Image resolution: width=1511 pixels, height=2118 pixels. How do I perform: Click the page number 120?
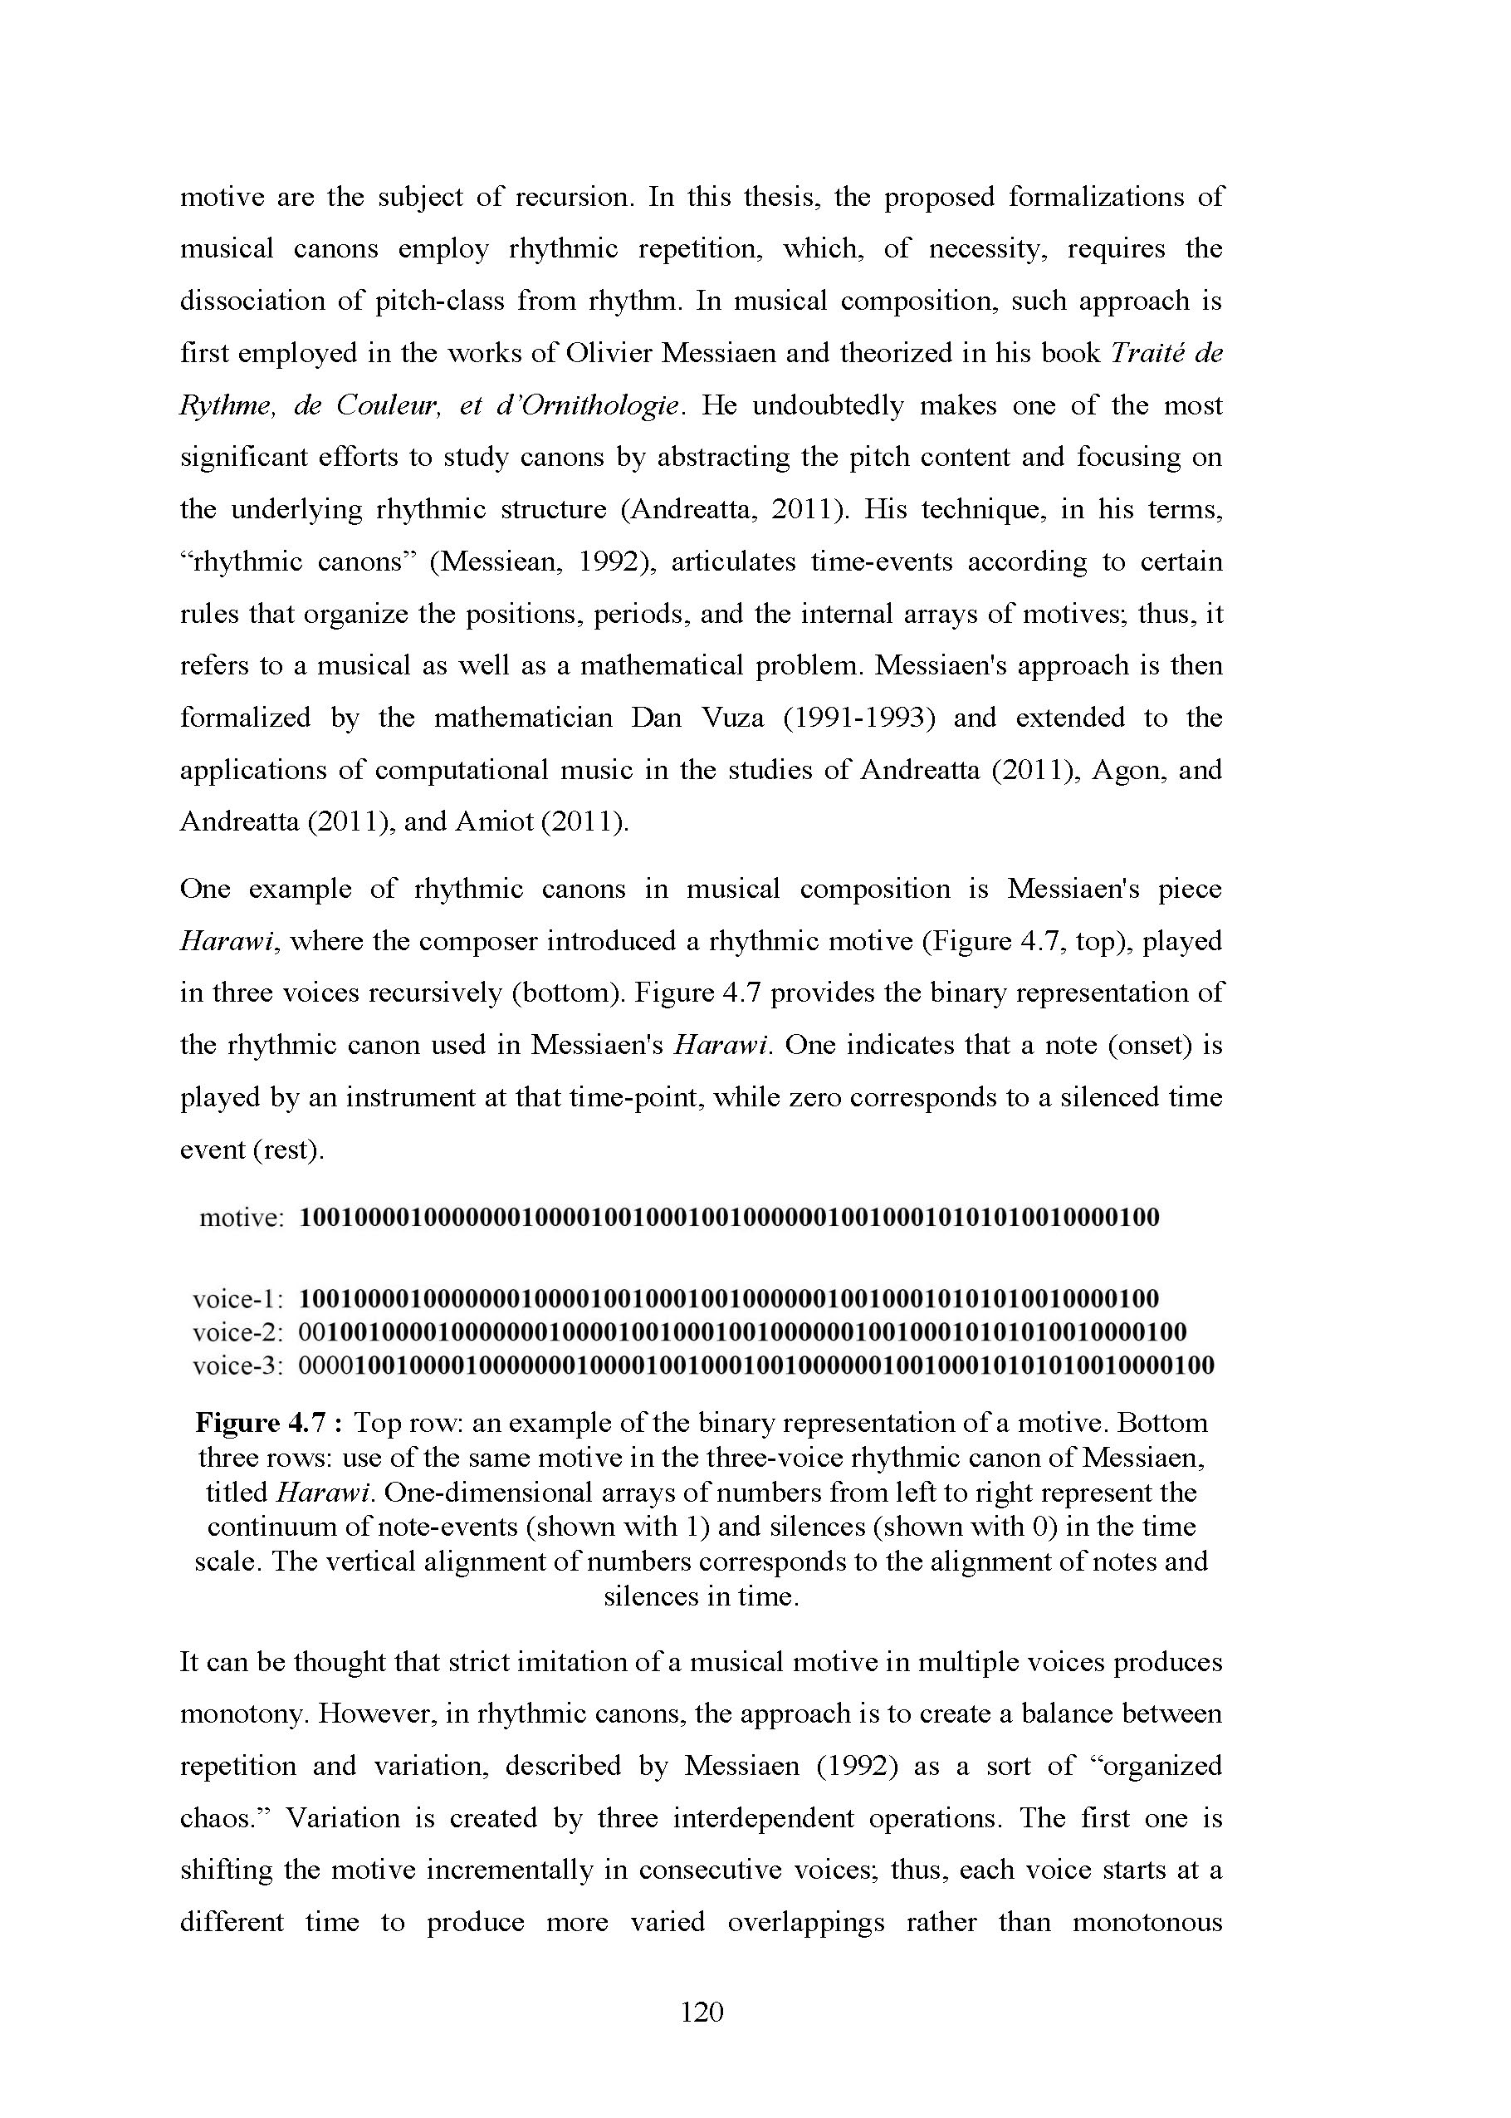(702, 2013)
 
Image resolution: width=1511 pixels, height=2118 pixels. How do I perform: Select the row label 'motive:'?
(241, 1218)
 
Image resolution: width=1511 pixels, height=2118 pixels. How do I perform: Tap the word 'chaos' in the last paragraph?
(221, 1818)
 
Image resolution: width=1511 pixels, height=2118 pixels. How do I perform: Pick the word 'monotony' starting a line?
(240, 1714)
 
